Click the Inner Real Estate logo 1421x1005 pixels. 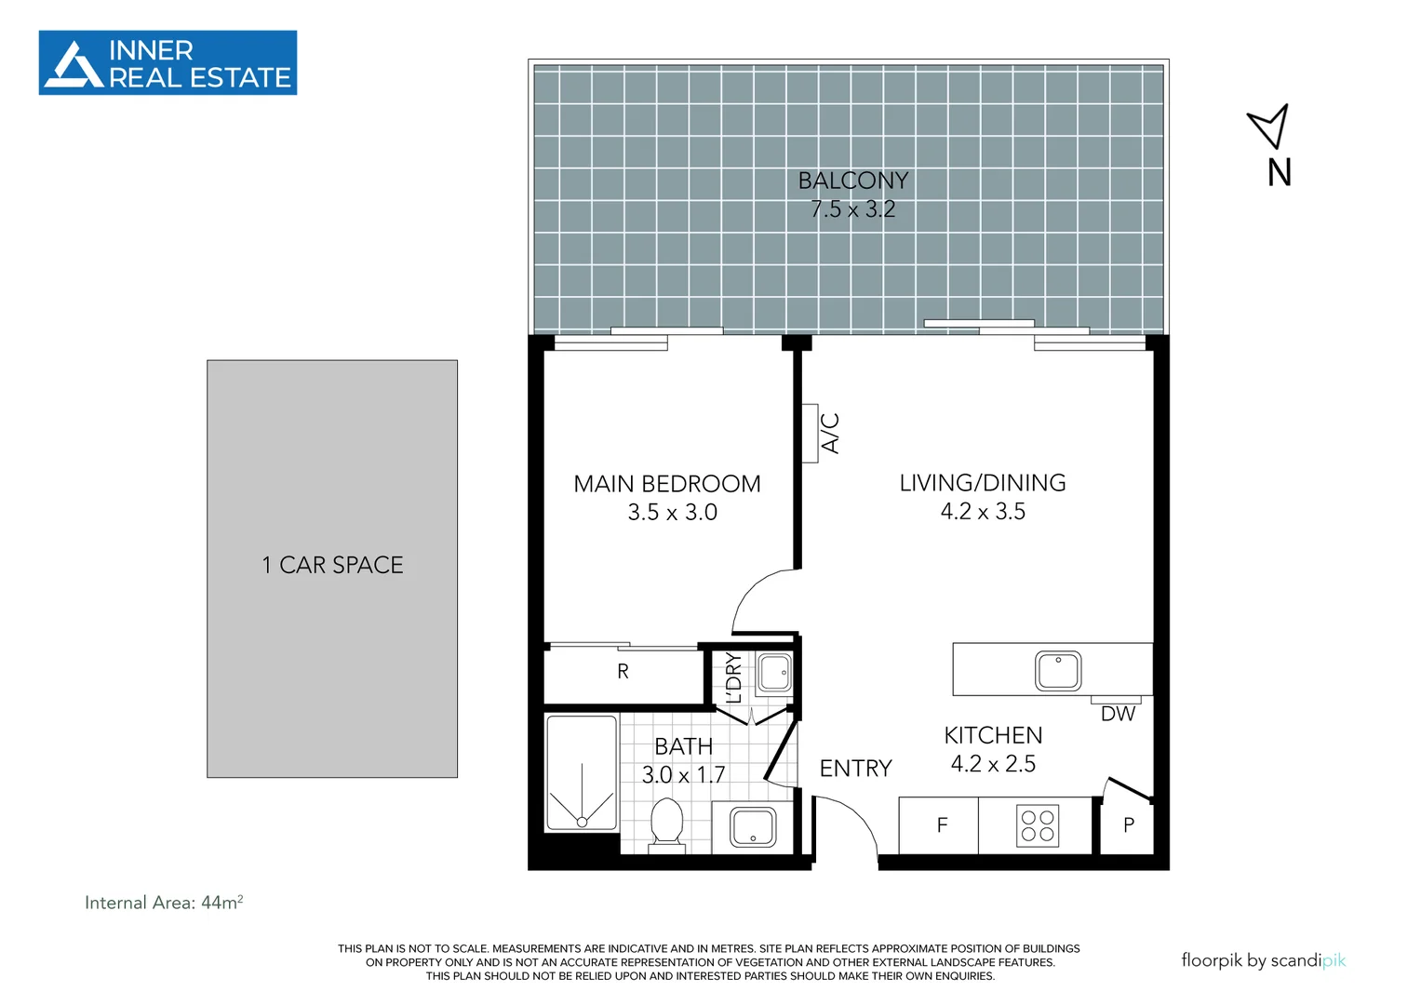168,63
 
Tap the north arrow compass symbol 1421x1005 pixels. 1270,127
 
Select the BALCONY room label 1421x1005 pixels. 852,181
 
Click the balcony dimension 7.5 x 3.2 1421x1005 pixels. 852,209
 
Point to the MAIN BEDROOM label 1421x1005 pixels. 667,484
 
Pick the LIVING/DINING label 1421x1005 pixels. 983,483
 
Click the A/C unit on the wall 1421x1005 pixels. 811,433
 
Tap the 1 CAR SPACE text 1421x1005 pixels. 332,565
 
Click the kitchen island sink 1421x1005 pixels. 1058,671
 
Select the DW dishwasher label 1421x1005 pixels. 1118,714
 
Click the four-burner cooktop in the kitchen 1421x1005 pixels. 1037,825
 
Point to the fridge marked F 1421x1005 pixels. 942,825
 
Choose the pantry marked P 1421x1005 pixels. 1128,825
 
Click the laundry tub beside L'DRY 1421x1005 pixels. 774,672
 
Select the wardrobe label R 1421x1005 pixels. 623,672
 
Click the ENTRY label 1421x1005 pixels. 855,769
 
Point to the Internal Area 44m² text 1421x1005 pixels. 164,903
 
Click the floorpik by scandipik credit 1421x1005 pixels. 1263,960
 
